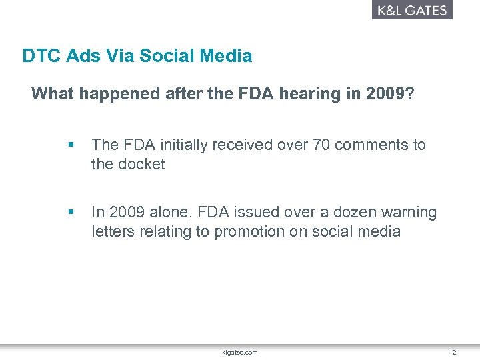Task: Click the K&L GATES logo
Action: click(412, 10)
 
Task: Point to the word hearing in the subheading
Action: click(323, 94)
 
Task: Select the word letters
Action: click(113, 232)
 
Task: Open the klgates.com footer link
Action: click(240, 352)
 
